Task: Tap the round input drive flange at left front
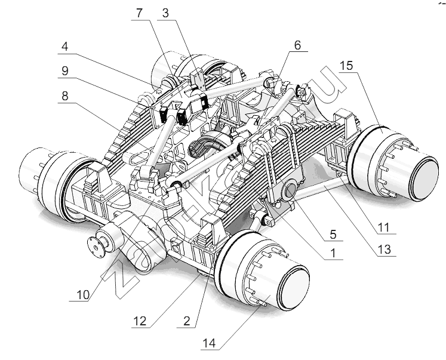tap(94, 245)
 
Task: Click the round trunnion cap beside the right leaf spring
tap(291, 191)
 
